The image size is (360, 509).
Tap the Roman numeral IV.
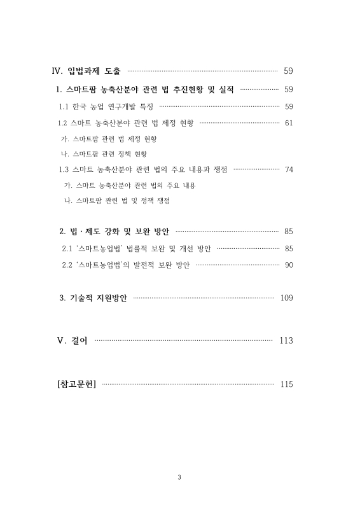[x=57, y=71]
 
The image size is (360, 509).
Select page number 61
[x=289, y=123]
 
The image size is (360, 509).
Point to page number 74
[x=289, y=169]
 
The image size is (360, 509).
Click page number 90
[x=289, y=265]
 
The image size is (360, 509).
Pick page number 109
[x=287, y=298]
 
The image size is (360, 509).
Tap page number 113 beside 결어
[x=286, y=341]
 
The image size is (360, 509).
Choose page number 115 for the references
[x=286, y=384]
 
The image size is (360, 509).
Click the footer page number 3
[x=180, y=478]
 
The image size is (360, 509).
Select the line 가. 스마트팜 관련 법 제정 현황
[x=106, y=138]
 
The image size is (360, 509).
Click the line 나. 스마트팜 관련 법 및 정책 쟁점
[x=116, y=200]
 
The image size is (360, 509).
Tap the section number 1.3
[x=63, y=169]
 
